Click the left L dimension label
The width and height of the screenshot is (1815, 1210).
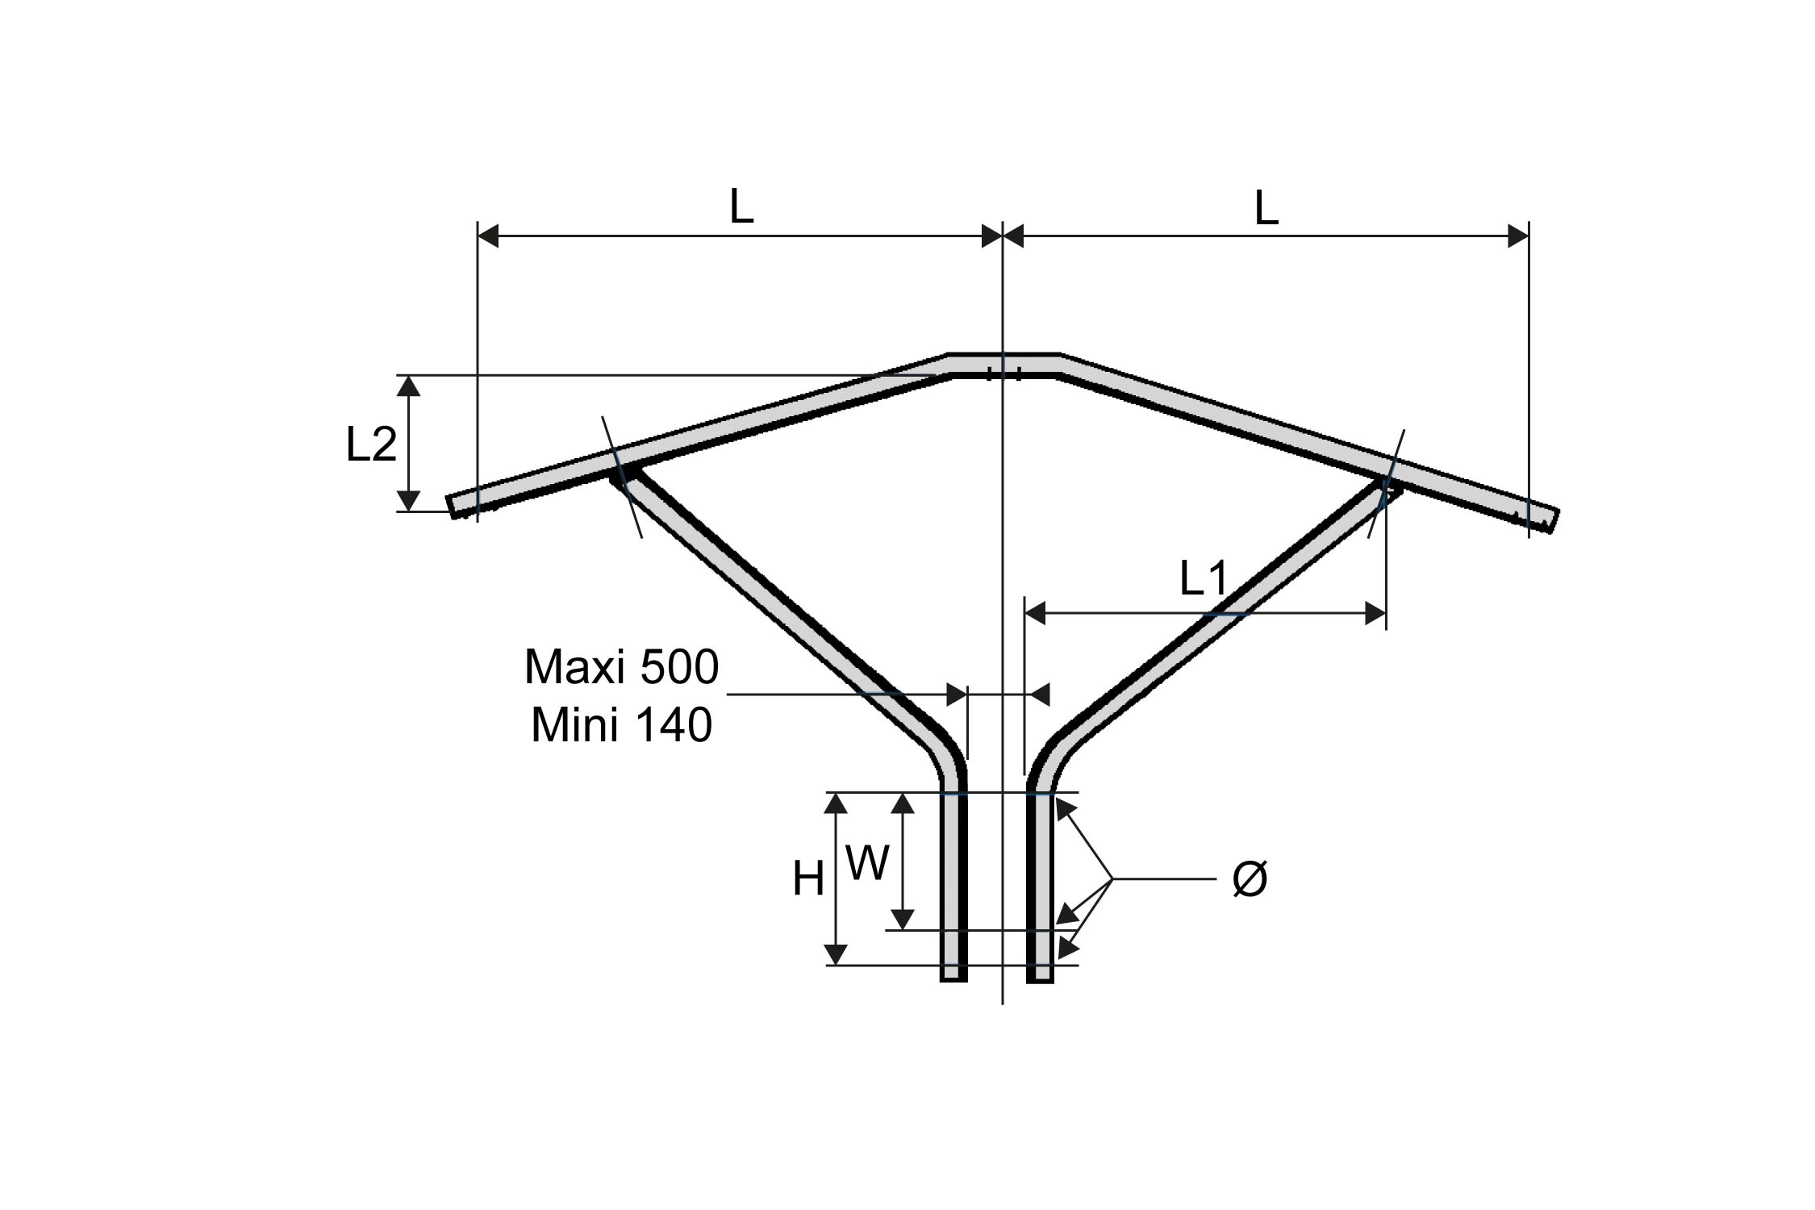pos(741,207)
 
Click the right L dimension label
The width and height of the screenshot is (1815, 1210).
pos(1266,210)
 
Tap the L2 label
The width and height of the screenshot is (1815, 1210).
pos(371,444)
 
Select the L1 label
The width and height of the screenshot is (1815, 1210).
pos(1203,578)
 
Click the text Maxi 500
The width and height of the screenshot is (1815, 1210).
pos(621,668)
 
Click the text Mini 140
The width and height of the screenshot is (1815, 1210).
pos(621,725)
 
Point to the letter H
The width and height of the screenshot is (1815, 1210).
pos(807,878)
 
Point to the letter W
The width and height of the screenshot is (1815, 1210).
pos(867,864)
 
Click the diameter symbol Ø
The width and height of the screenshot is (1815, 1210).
pos(1250,878)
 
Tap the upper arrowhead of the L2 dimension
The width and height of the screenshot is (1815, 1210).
pos(410,386)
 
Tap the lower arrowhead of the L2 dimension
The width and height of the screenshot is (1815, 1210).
pos(410,500)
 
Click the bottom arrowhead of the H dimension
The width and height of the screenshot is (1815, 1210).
pos(837,953)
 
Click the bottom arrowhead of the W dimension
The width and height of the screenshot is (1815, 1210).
pos(903,919)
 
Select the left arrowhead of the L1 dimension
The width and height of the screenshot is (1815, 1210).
pos(1035,614)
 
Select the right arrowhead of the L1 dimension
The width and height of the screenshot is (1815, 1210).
pos(1375,614)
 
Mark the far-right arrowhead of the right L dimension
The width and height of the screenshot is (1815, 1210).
pos(1517,236)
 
